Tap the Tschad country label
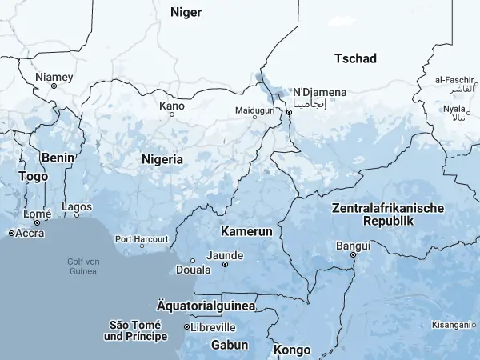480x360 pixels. click(x=355, y=58)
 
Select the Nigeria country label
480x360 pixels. click(x=162, y=159)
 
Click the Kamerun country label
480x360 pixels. click(x=246, y=230)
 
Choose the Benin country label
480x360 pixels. click(x=58, y=158)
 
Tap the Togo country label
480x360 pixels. click(x=33, y=176)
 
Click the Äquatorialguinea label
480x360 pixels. click(x=206, y=306)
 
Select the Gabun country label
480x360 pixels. click(x=230, y=345)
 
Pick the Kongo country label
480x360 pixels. click(x=292, y=350)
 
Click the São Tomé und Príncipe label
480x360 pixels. click(x=136, y=330)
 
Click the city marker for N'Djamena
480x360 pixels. click(x=290, y=113)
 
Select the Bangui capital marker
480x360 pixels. click(x=353, y=255)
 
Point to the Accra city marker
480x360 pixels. click(x=11, y=233)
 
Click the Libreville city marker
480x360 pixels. click(x=187, y=327)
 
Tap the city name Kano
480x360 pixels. click(x=172, y=106)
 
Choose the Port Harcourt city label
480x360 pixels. click(x=142, y=239)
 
